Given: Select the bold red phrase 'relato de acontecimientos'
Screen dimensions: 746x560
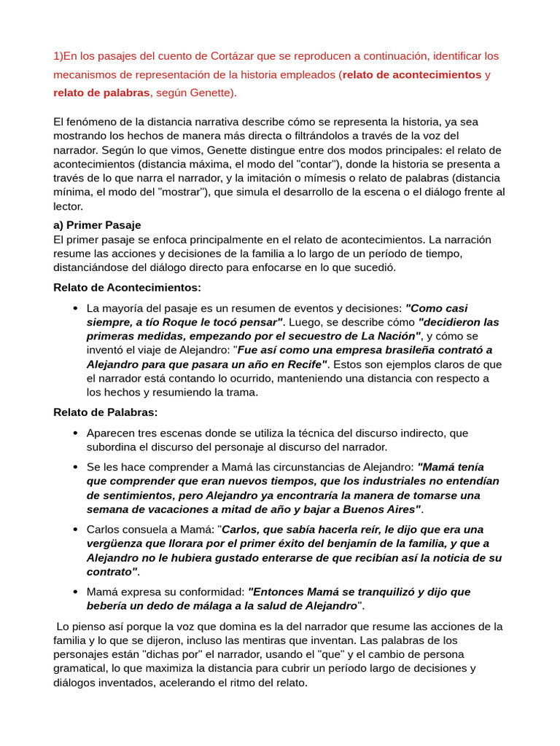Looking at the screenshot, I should (413, 74).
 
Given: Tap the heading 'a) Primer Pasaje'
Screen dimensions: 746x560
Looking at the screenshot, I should (97, 224).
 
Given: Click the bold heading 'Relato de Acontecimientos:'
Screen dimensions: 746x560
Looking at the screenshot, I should (127, 287).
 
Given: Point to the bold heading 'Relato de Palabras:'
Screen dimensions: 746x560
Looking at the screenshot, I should (105, 412).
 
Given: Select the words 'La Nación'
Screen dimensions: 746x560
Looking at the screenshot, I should (390, 336).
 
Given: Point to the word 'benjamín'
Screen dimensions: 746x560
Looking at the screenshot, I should (331, 543).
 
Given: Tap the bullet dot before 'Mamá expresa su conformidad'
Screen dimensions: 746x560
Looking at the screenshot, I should (76, 592).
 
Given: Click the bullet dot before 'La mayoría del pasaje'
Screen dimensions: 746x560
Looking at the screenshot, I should (76, 308).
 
